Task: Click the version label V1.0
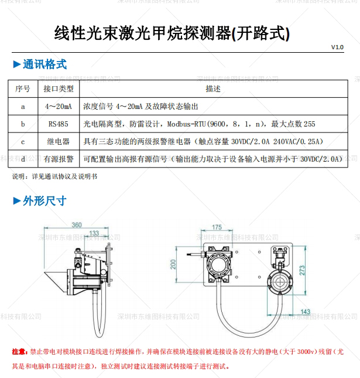[x=337, y=47]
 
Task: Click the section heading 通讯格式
[x=44, y=64]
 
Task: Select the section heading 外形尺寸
[x=44, y=201]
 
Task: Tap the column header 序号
[x=23, y=88]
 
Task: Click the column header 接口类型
[x=59, y=88]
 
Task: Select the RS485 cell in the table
[x=59, y=124]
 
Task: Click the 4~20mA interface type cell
[x=59, y=107]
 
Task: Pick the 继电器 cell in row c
[x=59, y=141]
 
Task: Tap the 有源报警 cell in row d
[x=59, y=158]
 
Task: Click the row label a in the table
[x=23, y=107]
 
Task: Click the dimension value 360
[x=77, y=225]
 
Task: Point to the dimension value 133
[x=94, y=233]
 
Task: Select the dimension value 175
[x=217, y=227]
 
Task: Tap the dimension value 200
[x=173, y=265]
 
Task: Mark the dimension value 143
[x=305, y=312]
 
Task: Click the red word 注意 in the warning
[x=19, y=352]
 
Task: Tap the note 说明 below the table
[x=20, y=176]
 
